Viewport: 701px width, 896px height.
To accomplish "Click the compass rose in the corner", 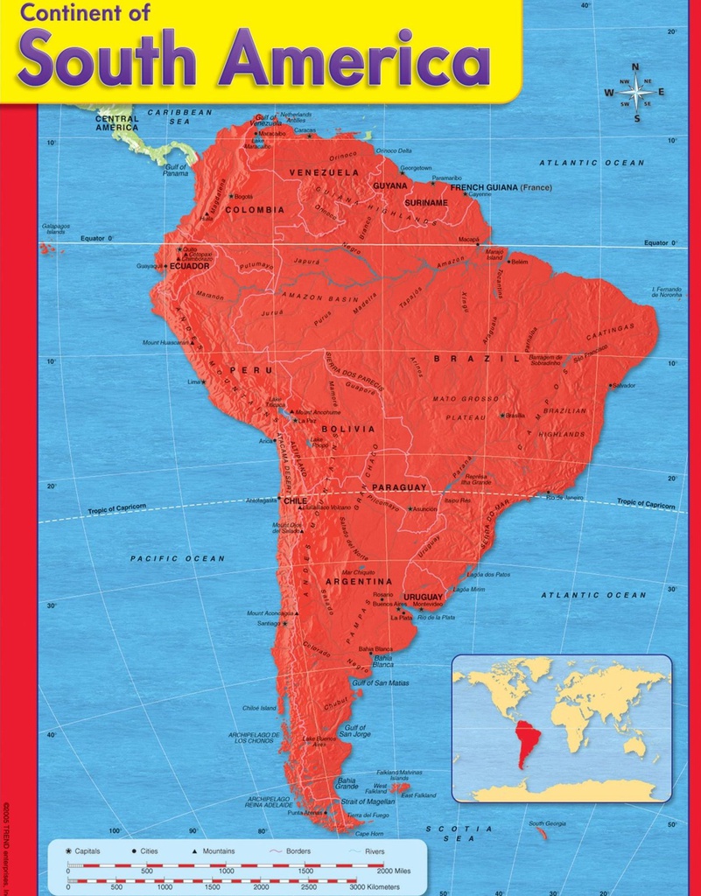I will (636, 93).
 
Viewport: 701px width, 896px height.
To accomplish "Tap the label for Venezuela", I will (324, 172).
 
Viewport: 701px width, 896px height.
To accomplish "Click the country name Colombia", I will (255, 210).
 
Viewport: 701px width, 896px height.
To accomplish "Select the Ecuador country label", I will (189, 266).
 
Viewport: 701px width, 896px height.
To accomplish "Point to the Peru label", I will (251, 370).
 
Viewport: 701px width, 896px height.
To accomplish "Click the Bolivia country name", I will (347, 429).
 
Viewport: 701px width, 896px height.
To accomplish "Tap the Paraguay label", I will (399, 487).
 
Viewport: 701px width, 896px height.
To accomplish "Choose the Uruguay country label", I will (424, 597).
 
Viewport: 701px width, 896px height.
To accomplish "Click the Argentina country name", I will (359, 581).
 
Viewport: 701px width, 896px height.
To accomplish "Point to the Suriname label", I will (426, 202).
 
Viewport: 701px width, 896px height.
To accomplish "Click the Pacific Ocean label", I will (178, 558).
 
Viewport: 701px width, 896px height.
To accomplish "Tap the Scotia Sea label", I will (459, 833).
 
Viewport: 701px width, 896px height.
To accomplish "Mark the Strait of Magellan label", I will (368, 801).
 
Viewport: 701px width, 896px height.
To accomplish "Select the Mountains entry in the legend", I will (218, 851).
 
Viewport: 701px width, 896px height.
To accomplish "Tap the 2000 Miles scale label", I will (392, 871).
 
